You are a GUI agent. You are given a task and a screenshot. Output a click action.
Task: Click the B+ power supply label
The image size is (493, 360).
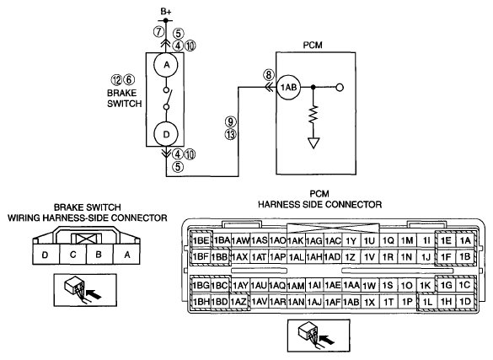click(x=166, y=12)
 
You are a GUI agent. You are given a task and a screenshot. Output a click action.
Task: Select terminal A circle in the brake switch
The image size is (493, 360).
click(x=166, y=65)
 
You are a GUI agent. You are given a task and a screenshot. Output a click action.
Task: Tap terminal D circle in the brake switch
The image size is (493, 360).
click(x=166, y=134)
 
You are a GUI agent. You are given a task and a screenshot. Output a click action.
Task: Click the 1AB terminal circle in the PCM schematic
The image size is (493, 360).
click(x=288, y=88)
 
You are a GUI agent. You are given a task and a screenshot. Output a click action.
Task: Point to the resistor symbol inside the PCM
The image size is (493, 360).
click(x=313, y=115)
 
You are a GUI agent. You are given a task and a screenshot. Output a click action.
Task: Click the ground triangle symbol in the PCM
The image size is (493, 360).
click(x=313, y=143)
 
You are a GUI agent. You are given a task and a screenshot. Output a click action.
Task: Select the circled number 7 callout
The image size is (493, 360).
click(x=158, y=32)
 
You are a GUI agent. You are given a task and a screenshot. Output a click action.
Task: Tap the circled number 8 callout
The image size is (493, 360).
click(x=269, y=75)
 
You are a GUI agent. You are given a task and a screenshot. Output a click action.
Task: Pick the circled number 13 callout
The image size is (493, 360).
click(x=230, y=135)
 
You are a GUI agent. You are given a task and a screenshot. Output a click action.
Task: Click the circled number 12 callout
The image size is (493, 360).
click(x=116, y=80)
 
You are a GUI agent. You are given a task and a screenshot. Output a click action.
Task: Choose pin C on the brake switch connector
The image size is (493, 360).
click(x=73, y=254)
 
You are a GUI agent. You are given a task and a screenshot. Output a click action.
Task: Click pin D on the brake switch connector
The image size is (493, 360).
click(x=46, y=254)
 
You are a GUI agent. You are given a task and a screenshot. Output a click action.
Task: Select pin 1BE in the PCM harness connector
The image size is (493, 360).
click(x=201, y=241)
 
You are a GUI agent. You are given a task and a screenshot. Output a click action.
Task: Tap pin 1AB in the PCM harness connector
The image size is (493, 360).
click(x=351, y=302)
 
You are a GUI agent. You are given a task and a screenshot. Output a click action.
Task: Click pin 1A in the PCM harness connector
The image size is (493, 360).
click(x=465, y=240)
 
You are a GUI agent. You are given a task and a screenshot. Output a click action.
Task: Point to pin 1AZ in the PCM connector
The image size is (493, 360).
click(x=238, y=302)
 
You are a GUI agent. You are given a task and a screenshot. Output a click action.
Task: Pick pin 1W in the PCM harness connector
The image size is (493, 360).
click(x=369, y=286)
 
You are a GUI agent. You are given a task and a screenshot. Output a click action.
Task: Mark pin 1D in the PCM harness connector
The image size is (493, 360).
click(x=465, y=302)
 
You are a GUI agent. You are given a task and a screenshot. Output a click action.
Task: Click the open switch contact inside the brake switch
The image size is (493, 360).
click(x=167, y=99)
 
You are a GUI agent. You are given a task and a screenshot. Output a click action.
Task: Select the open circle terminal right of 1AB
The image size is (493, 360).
click(x=340, y=88)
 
